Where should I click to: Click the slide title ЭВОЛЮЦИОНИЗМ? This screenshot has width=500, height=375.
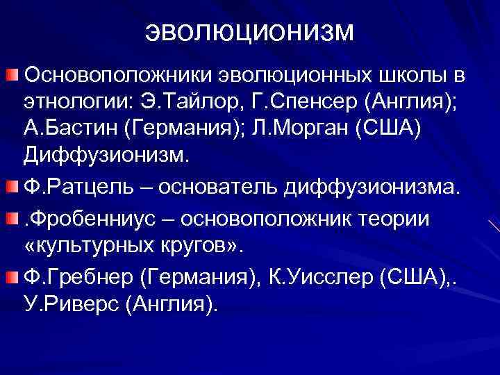pos(250,32)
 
